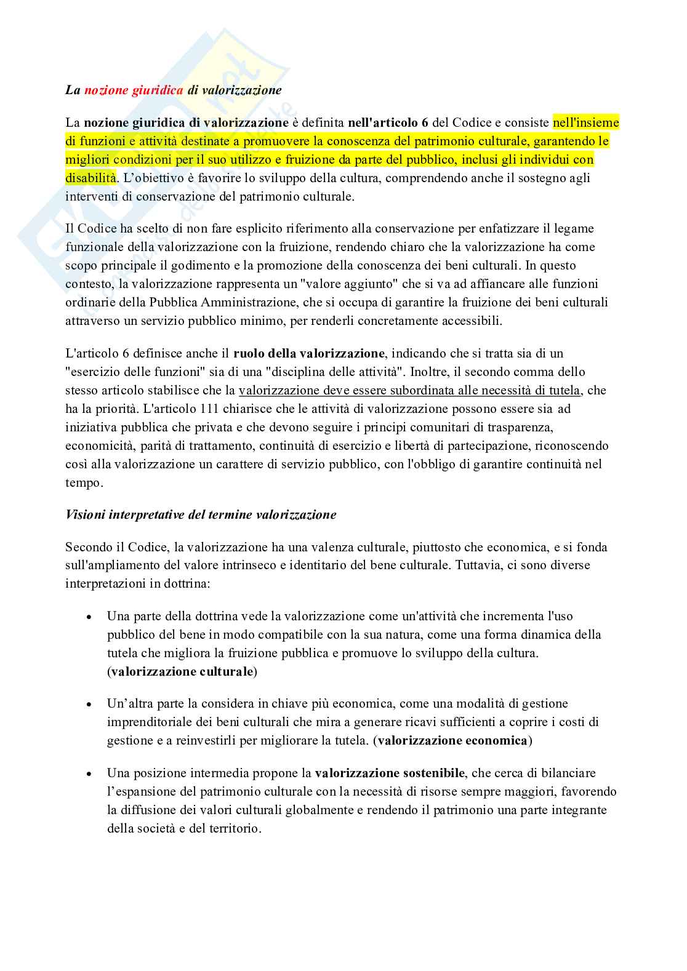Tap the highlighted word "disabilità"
coord(90,178)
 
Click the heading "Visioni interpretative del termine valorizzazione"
coord(201,514)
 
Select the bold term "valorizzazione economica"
coord(452,740)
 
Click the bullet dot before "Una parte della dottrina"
coord(90,617)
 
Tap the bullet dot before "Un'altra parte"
coord(90,704)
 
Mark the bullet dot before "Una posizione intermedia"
coord(90,773)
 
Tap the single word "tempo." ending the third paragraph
coord(84,482)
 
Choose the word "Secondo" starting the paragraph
coord(88,547)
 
